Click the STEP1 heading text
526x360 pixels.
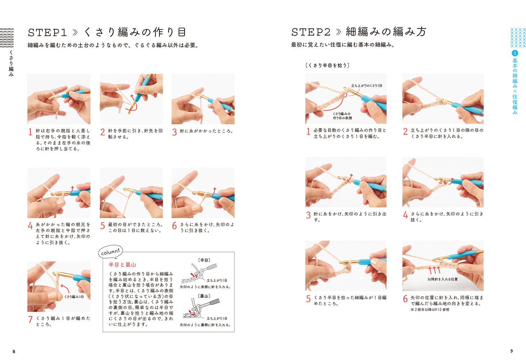(47, 32)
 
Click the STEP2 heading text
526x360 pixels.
(311, 32)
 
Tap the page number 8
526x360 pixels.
(14, 351)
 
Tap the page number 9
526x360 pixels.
(512, 351)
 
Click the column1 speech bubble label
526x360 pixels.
(111, 252)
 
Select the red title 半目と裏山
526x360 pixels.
(122, 265)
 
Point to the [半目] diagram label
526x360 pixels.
(204, 260)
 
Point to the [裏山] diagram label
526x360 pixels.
(204, 296)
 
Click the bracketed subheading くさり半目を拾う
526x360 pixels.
(327, 65)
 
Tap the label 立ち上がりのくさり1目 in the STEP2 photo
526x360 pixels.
(366, 86)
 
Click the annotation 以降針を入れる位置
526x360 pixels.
(442, 279)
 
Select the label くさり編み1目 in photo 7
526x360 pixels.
(74, 297)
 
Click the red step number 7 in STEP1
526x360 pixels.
(30, 319)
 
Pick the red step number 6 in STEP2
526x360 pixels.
(405, 299)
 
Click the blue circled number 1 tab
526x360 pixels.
(515, 53)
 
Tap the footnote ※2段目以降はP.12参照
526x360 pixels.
(430, 310)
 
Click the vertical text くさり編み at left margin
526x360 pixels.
(11, 63)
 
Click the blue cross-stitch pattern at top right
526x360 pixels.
(518, 37)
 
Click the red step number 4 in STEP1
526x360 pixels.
(30, 226)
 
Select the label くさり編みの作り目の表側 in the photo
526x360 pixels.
(342, 116)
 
